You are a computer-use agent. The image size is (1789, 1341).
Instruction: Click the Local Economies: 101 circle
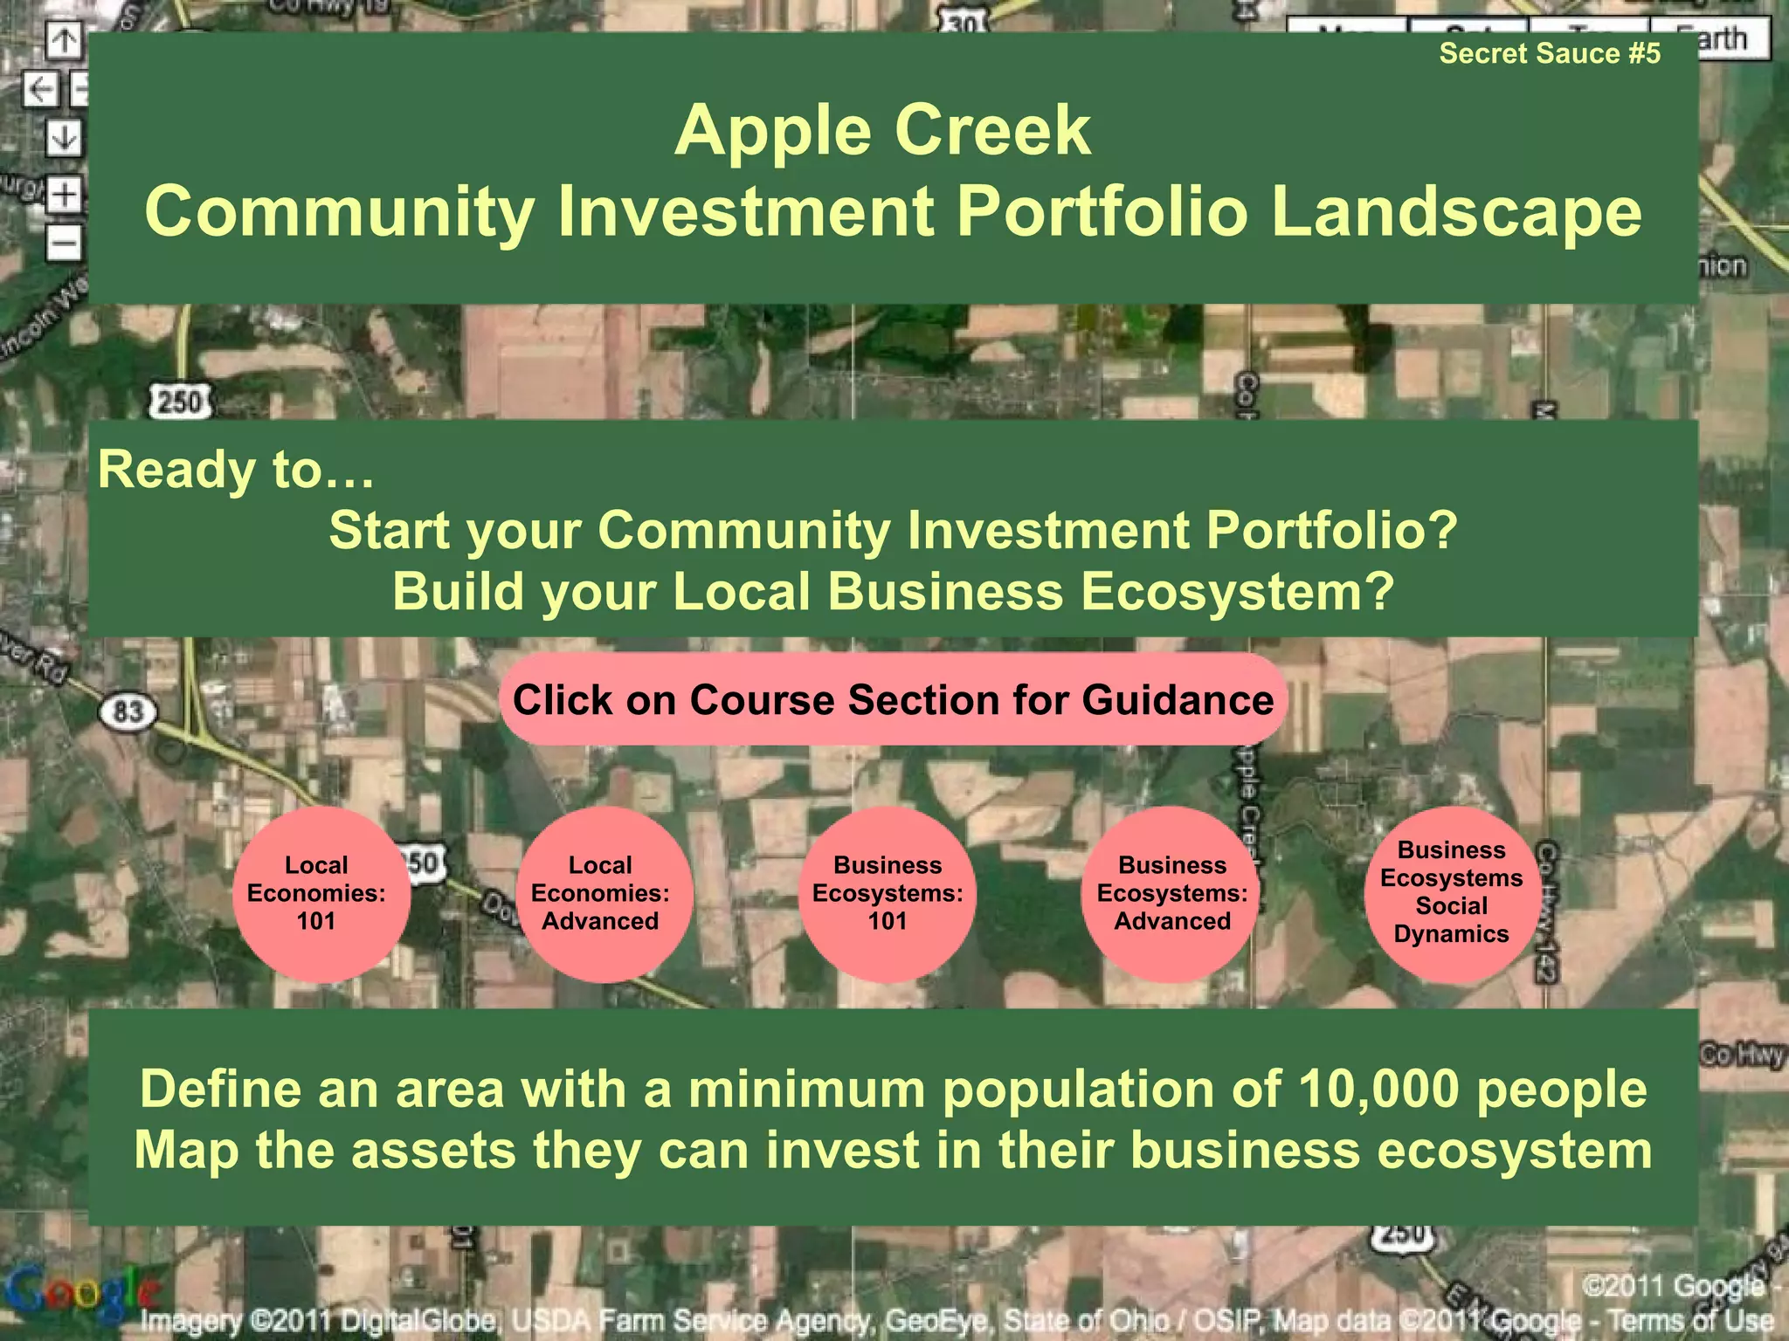click(x=316, y=894)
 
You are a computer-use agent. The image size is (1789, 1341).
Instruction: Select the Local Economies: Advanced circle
click(x=601, y=894)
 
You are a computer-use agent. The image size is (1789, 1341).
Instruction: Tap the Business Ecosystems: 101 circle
click(x=888, y=894)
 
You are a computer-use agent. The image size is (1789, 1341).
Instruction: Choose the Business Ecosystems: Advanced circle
click(x=1172, y=894)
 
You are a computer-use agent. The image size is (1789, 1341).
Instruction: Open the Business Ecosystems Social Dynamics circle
click(x=1452, y=894)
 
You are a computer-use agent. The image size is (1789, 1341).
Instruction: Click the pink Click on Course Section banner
click(x=893, y=700)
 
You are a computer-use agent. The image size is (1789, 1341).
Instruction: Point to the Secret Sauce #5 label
click(x=1550, y=54)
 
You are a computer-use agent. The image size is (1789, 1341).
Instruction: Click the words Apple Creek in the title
click(x=882, y=131)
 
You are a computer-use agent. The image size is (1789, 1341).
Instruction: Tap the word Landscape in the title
click(x=1455, y=212)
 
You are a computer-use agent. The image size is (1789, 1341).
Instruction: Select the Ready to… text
click(x=236, y=470)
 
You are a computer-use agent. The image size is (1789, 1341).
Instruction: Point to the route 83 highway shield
click(x=128, y=712)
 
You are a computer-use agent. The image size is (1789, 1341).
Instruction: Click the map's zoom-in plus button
click(x=64, y=195)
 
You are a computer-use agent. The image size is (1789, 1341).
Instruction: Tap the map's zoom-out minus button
click(x=64, y=242)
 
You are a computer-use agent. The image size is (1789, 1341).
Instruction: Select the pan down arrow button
click(x=64, y=137)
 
